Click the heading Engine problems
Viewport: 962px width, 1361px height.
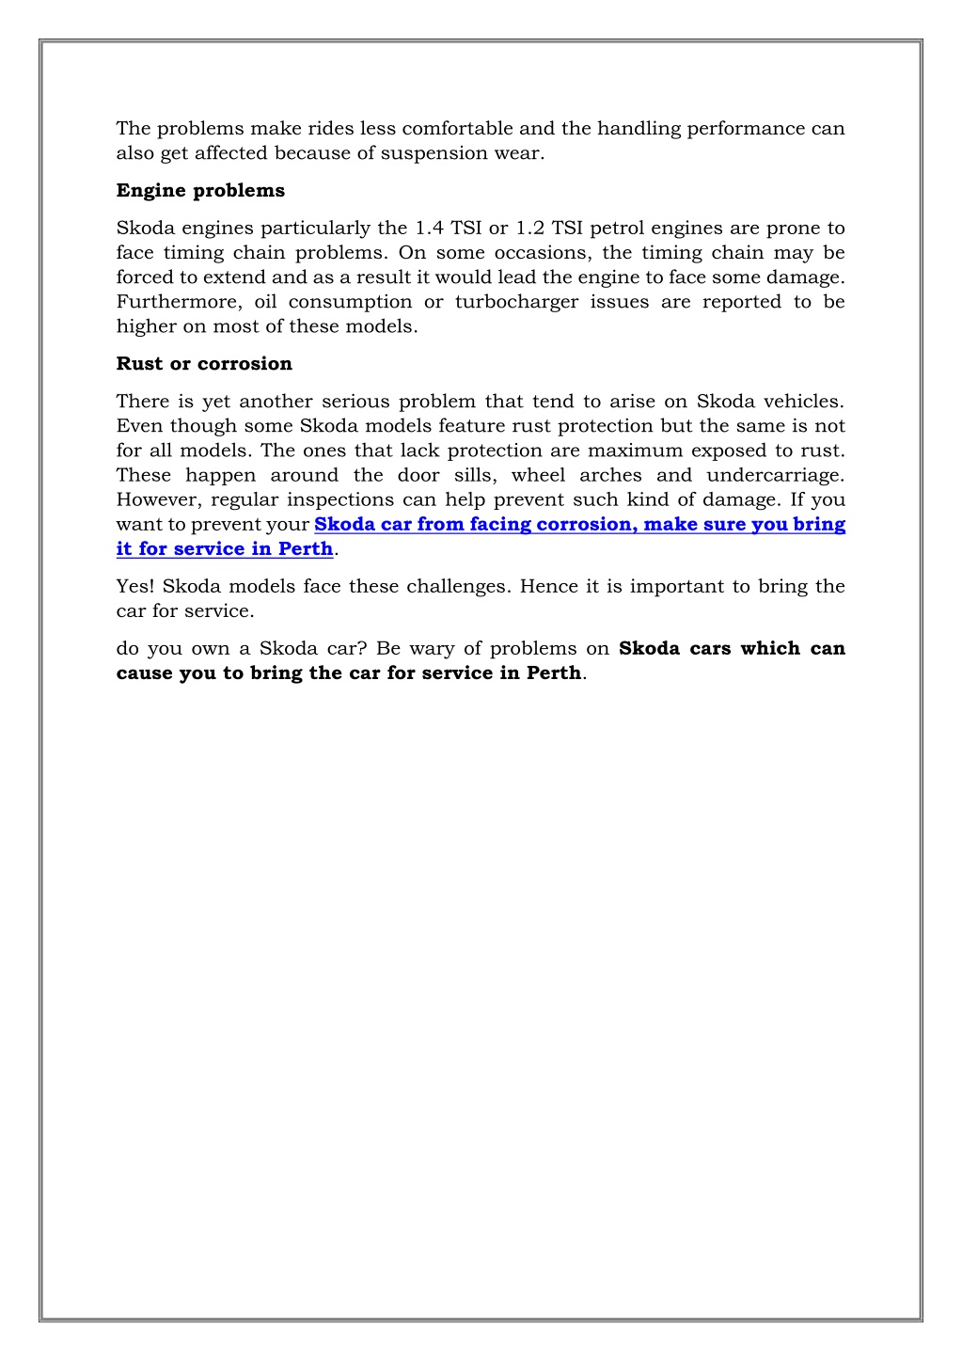pos(200,191)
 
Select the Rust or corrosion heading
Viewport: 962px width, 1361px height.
pos(204,364)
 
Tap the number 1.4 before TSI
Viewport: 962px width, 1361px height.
pos(430,229)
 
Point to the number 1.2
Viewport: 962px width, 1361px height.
pos(530,229)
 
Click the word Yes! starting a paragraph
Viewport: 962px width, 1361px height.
pos(135,587)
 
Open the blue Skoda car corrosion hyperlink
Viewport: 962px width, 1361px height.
pos(579,525)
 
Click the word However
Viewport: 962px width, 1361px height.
pos(159,499)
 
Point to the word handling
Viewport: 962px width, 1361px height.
pos(639,129)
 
